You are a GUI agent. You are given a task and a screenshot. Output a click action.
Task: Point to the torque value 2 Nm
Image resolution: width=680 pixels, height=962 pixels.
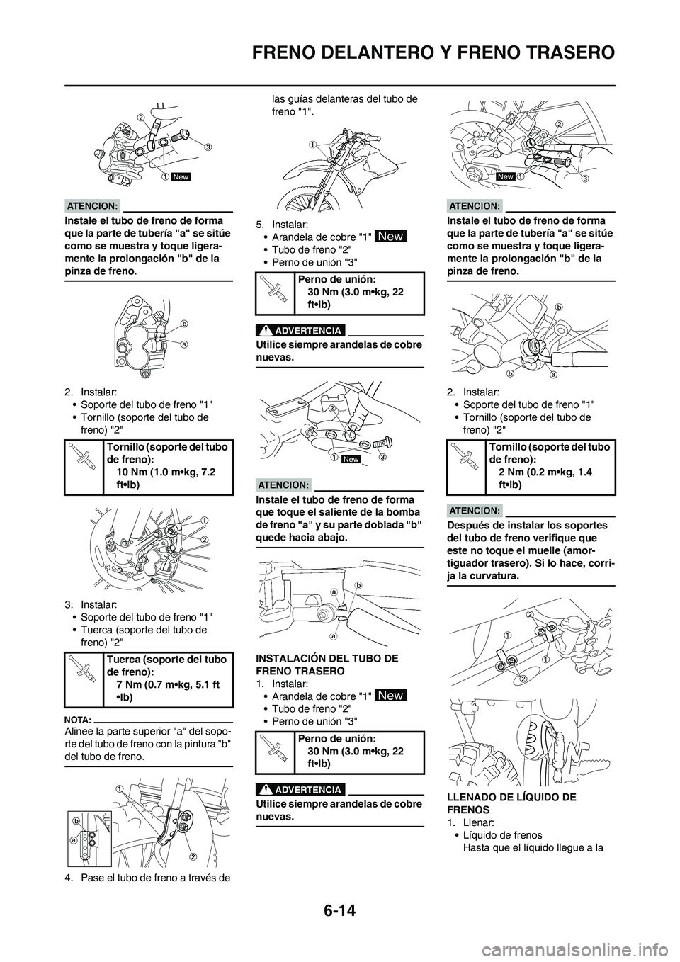click(509, 472)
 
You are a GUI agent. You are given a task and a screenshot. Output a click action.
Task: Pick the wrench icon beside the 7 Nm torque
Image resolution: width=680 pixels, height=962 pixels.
click(84, 678)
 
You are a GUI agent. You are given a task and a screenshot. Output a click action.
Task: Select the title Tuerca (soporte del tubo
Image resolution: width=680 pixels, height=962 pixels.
click(166, 660)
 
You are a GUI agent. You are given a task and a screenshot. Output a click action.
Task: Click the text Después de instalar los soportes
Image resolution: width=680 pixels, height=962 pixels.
click(527, 525)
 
